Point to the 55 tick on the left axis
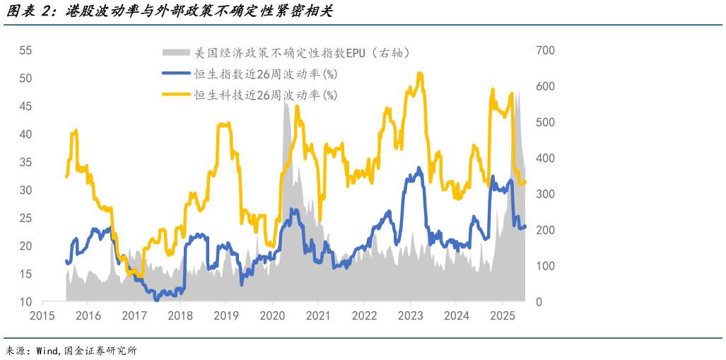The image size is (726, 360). pyautogui.click(x=26, y=51)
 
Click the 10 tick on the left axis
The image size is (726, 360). pyautogui.click(x=26, y=302)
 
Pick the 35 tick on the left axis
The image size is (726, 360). pyautogui.click(x=26, y=163)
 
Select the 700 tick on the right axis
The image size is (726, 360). pyautogui.click(x=546, y=51)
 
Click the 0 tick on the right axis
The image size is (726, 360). pyautogui.click(x=539, y=302)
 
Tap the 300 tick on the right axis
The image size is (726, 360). pyautogui.click(x=546, y=194)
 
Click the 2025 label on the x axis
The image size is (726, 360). pyautogui.click(x=502, y=315)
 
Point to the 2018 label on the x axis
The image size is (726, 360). pyautogui.click(x=180, y=315)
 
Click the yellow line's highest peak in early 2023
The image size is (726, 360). pyautogui.click(x=419, y=73)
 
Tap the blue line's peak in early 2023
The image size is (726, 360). pyautogui.click(x=418, y=168)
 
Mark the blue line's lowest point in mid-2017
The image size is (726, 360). pyautogui.click(x=156, y=299)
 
